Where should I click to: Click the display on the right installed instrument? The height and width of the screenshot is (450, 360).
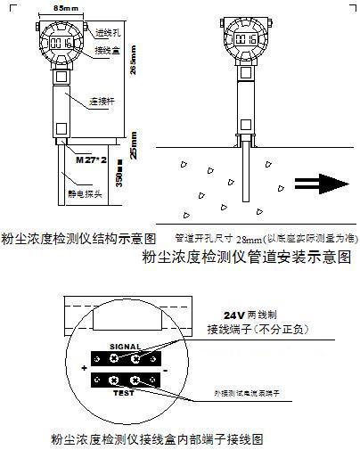point(245,40)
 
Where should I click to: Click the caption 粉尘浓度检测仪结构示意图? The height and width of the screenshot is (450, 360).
point(79,239)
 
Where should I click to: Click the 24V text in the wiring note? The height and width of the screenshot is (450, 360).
point(234,315)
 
